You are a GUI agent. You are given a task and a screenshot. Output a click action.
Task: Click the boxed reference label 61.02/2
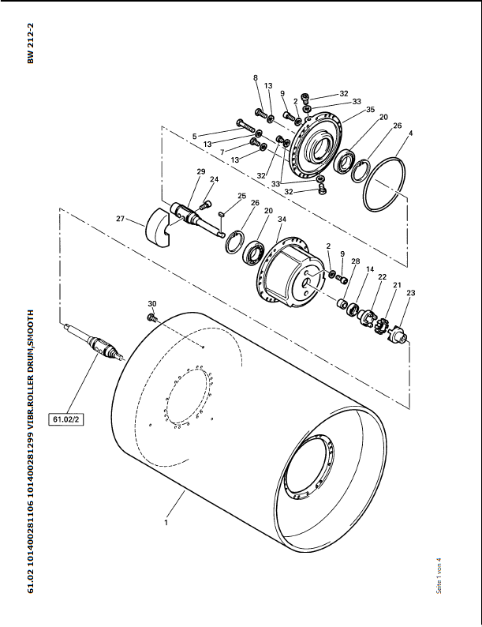66,419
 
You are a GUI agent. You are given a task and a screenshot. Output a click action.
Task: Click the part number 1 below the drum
166,523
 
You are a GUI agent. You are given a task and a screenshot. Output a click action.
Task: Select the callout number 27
120,219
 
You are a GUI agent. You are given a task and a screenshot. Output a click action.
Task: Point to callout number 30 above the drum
152,304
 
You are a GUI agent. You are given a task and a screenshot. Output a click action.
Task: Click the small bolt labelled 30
152,317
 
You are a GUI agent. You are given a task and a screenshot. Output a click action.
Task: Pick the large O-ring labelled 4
384,183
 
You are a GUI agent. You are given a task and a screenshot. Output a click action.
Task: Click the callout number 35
370,110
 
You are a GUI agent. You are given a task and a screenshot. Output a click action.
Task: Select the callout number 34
282,219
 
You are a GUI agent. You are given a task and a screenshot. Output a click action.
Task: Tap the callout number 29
201,171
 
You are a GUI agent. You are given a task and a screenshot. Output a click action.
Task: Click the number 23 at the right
410,293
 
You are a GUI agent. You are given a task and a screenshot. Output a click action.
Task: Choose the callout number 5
195,137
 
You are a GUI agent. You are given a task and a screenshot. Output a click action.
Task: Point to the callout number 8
256,78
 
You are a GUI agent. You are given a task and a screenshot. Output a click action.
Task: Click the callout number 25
241,196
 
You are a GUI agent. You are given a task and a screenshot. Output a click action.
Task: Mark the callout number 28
356,261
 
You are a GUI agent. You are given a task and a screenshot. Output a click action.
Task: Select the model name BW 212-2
31,43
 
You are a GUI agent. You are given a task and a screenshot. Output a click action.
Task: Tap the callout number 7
222,152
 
